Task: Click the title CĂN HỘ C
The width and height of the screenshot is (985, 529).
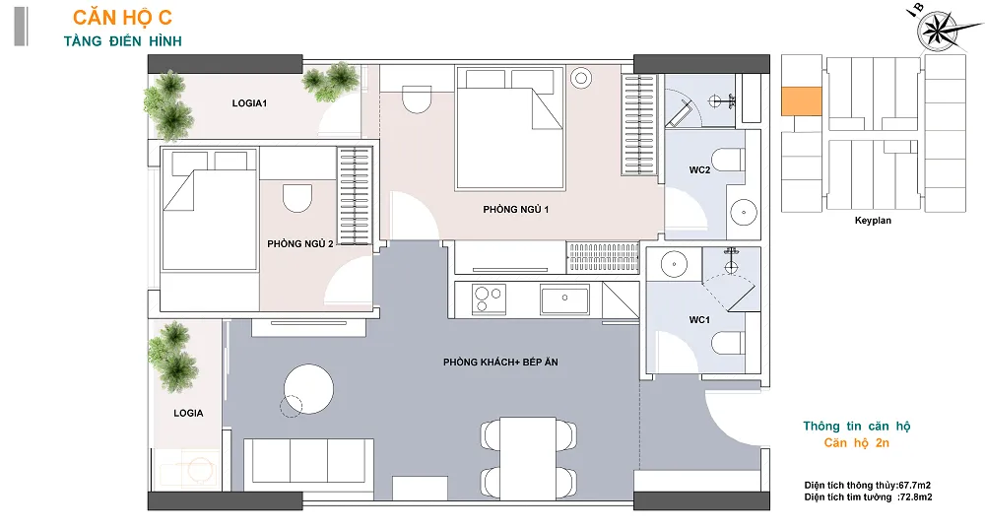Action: click(122, 18)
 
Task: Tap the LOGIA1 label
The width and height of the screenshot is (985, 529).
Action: click(249, 103)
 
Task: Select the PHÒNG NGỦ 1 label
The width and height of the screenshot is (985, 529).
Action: click(516, 209)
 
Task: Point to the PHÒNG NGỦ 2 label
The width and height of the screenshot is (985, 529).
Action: click(300, 243)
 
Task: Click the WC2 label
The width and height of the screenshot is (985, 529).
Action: click(699, 169)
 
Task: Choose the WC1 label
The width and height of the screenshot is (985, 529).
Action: click(699, 320)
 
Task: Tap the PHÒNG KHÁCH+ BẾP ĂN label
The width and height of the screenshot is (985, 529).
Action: click(500, 362)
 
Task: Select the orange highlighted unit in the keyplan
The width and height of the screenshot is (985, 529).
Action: click(802, 101)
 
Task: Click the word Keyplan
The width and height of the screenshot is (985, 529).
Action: click(873, 221)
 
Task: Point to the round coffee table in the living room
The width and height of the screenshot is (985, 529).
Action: click(308, 389)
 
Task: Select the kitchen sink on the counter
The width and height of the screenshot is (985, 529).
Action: click(564, 299)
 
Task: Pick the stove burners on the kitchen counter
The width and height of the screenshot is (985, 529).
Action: click(489, 299)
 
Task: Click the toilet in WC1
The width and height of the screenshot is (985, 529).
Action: click(728, 343)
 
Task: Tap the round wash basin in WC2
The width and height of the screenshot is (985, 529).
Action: click(744, 213)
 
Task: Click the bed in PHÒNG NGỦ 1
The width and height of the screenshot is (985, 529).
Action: click(510, 129)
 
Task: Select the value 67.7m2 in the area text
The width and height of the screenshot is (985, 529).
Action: click(915, 485)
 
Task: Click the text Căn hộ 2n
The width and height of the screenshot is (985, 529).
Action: click(857, 443)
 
